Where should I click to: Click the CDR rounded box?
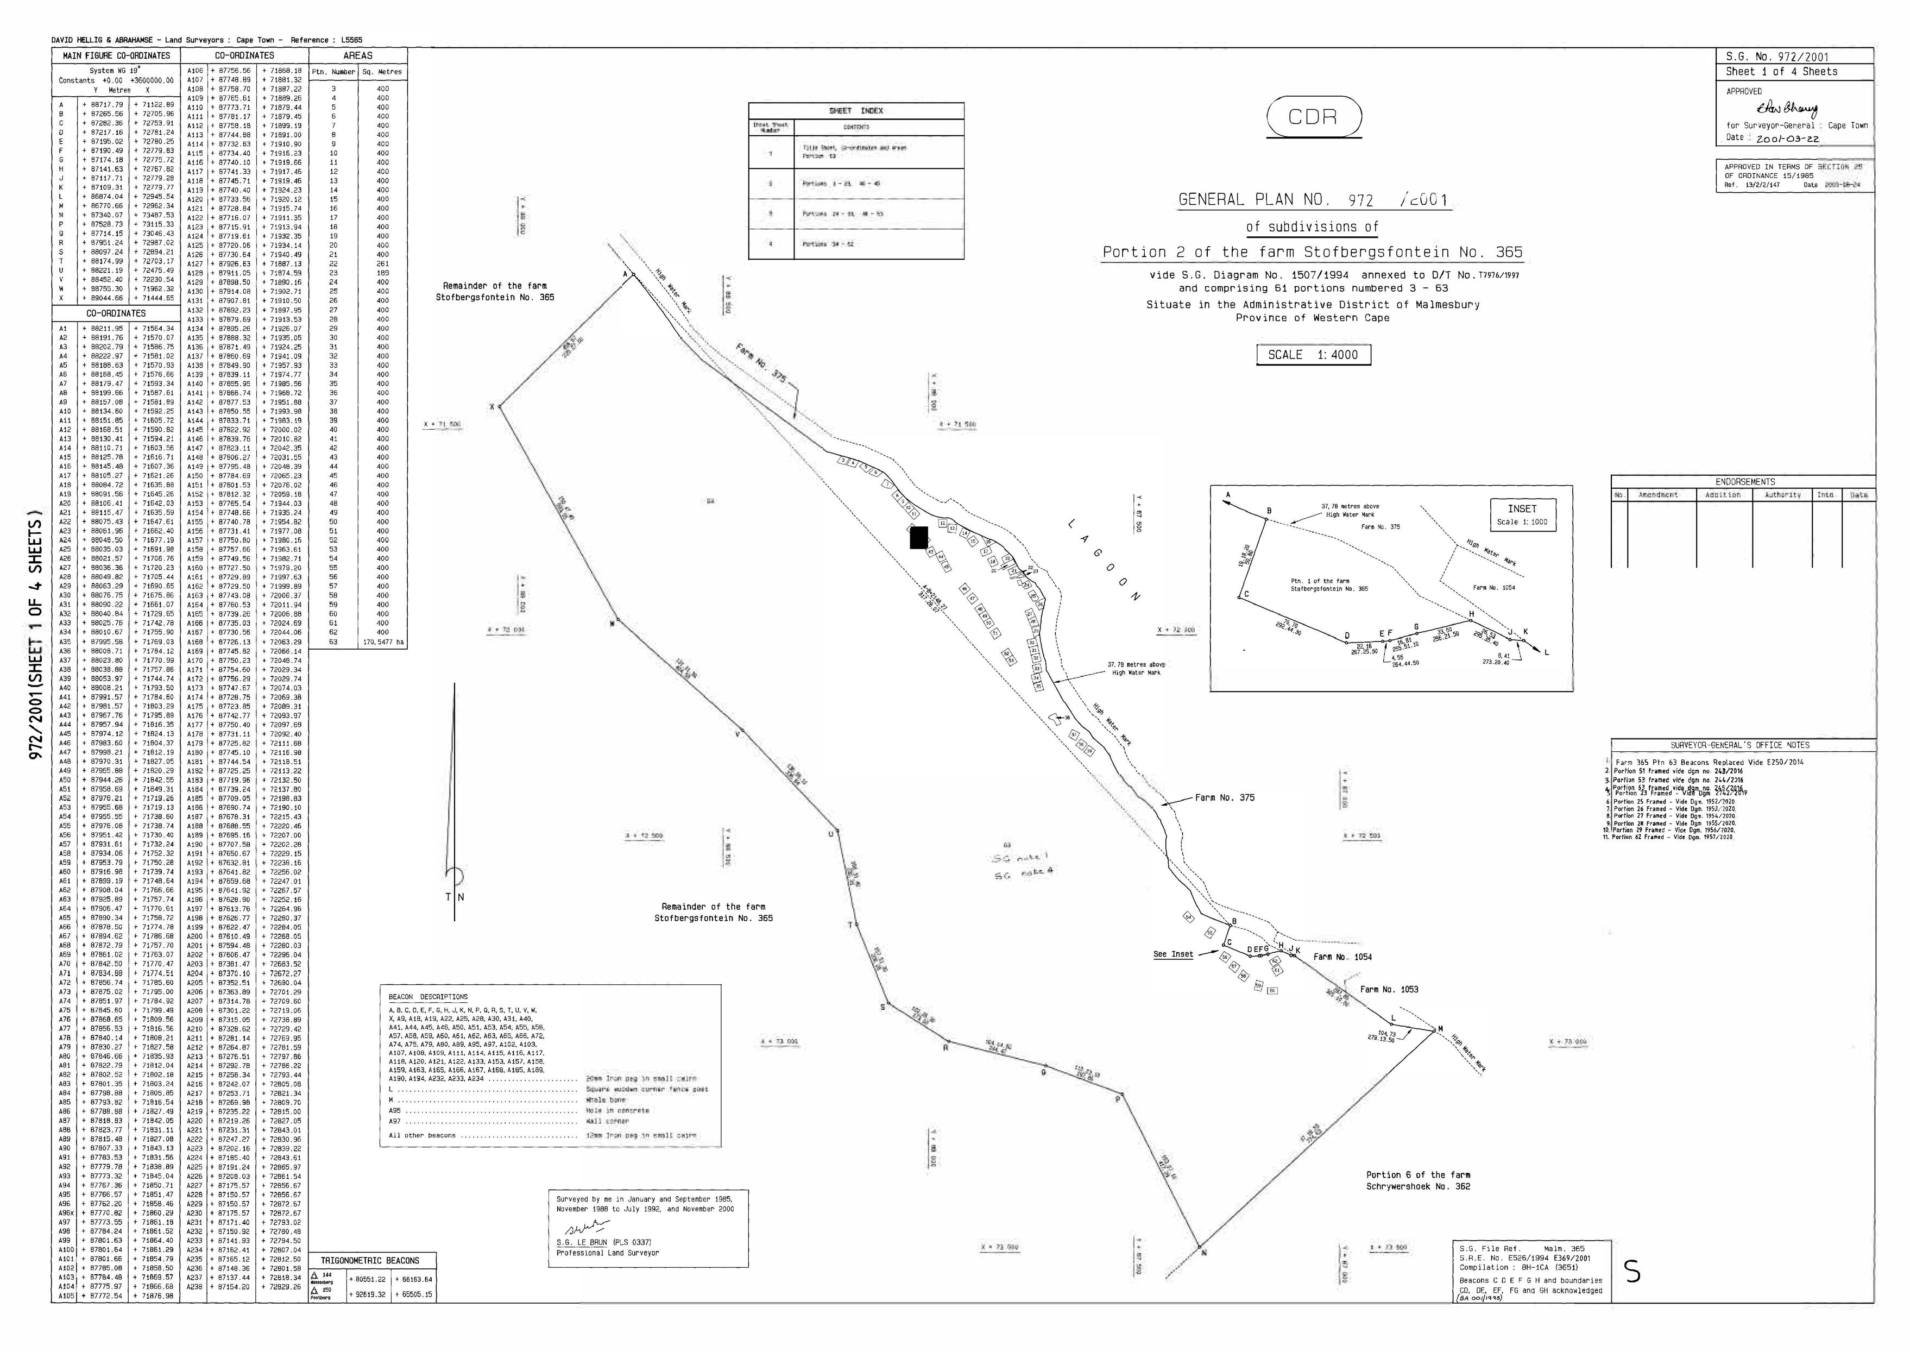[1313, 117]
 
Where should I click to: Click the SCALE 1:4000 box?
[1313, 355]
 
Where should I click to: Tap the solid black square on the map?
[919, 538]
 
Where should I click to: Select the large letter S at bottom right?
[1633, 1296]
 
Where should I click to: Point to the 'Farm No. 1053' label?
[1389, 989]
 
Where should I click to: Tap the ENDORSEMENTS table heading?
[1744, 481]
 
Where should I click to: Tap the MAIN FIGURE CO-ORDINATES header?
[117, 56]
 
